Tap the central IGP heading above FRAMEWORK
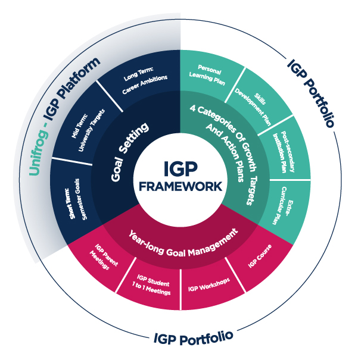coord(180,168)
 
